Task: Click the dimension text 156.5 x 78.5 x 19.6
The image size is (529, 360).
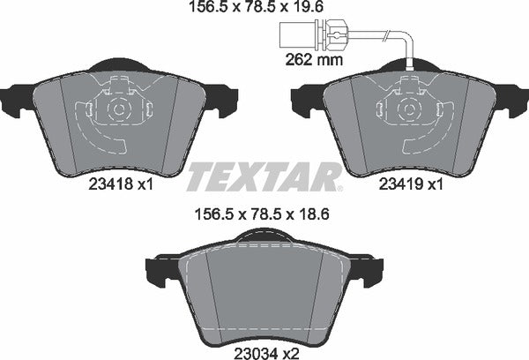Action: click(x=264, y=11)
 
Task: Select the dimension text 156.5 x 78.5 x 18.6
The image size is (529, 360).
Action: click(x=264, y=213)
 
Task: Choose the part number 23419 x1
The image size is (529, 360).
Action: click(x=407, y=186)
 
